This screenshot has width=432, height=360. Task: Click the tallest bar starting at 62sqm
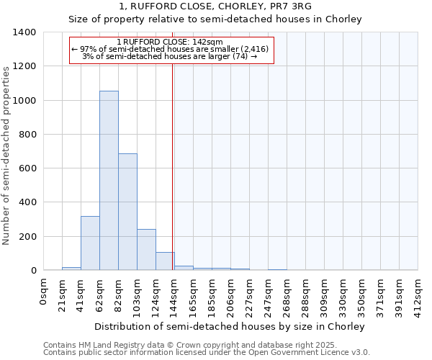[x=109, y=180]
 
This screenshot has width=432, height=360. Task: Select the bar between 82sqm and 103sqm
[x=127, y=212]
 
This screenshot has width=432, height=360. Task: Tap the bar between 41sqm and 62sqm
[x=90, y=243]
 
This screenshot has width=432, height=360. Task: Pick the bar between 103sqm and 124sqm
[x=146, y=249]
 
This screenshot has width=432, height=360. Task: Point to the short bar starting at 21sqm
[x=71, y=268]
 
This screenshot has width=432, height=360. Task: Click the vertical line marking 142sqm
[x=173, y=166]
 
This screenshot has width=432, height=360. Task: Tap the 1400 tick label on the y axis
[x=24, y=32]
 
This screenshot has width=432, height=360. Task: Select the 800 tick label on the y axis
[x=27, y=135]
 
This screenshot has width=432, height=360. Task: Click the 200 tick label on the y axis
[x=27, y=236]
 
